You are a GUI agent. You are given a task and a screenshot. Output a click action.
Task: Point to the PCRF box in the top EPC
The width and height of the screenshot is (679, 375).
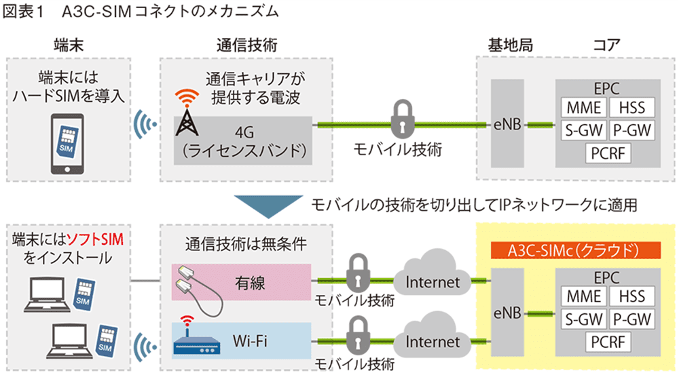pyautogui.click(x=608, y=152)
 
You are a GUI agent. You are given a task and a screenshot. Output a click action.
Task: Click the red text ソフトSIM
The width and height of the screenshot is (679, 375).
pyautogui.click(x=100, y=239)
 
